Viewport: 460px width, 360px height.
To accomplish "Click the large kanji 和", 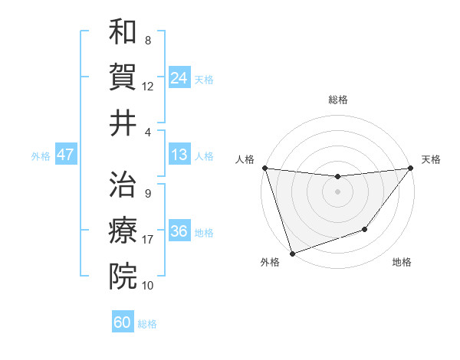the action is point(123,33).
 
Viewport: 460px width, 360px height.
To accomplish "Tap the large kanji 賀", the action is point(123,77).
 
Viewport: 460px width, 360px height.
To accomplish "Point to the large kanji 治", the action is point(123,185).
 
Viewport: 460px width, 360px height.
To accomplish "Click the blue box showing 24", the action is point(179,77).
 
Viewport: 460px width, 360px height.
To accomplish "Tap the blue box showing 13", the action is point(179,155).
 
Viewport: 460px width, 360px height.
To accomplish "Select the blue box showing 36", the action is point(179,231).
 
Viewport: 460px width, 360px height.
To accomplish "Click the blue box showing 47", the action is point(66,155).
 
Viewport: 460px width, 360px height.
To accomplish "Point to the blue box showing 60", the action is point(123,322).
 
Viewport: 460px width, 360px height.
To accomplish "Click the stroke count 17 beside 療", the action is point(148,240).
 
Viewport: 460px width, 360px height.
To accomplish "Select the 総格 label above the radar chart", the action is point(337,100).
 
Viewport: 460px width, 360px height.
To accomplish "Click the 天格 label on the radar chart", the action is point(431,159).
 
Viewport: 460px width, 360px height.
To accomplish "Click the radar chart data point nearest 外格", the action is point(292,254).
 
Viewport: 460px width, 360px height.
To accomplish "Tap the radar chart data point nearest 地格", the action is point(365,229).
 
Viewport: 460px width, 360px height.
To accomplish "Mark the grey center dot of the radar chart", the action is point(337,191).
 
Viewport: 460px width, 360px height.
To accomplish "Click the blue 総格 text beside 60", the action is point(147,323).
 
